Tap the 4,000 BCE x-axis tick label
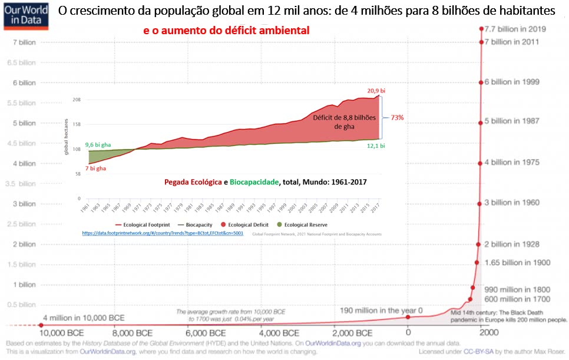pyautogui.click(x=260, y=333)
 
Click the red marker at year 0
pyautogui.click(x=408, y=317)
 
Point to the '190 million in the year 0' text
pyautogui.click(x=381, y=311)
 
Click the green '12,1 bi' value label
pyautogui.click(x=375, y=146)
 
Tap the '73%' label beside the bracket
pyautogui.click(x=396, y=117)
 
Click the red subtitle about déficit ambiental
pyautogui.click(x=226, y=30)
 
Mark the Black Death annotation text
pyautogui.click(x=508, y=316)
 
